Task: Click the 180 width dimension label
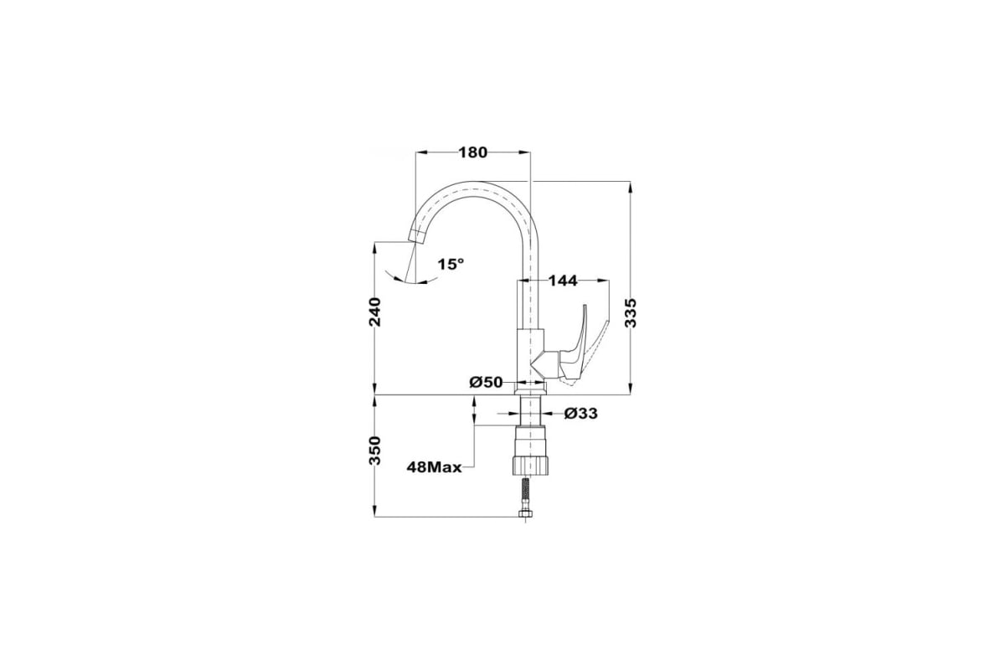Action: [x=472, y=152]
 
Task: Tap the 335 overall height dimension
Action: [x=631, y=312]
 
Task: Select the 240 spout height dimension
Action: [x=374, y=312]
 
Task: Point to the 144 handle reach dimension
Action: [x=563, y=281]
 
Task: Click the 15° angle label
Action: [x=451, y=264]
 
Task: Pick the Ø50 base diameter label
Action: [x=486, y=383]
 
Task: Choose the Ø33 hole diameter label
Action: [x=581, y=414]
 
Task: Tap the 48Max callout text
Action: [x=435, y=467]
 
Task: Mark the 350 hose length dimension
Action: [x=374, y=451]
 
